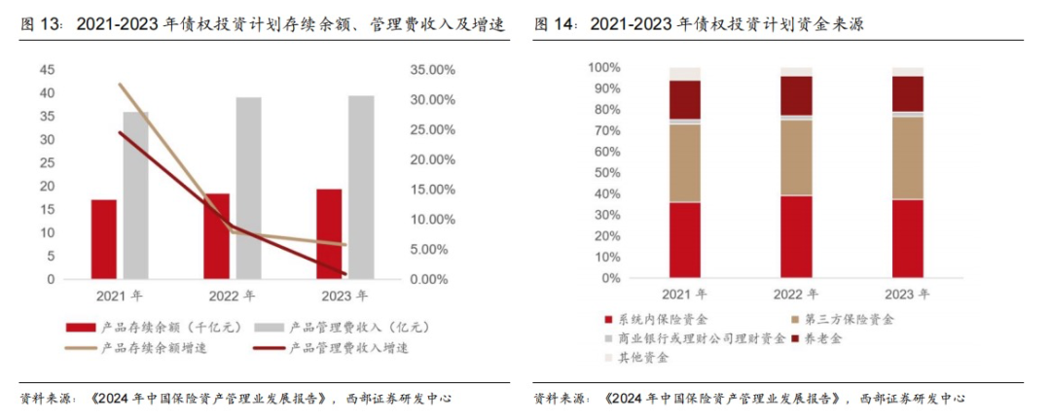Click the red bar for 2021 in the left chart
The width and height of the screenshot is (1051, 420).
pos(104,239)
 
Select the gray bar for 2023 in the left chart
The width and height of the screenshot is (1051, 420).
pos(361,188)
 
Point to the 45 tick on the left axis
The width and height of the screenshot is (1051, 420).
pos(47,70)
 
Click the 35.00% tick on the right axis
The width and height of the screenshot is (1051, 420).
pos(428,70)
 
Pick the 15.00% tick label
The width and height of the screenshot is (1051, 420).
pos(428,190)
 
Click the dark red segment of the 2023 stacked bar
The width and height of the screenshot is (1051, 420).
pos(909,94)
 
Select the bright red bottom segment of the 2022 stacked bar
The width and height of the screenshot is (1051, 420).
pos(796,237)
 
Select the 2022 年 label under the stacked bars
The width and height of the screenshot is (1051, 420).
pos(795,293)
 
